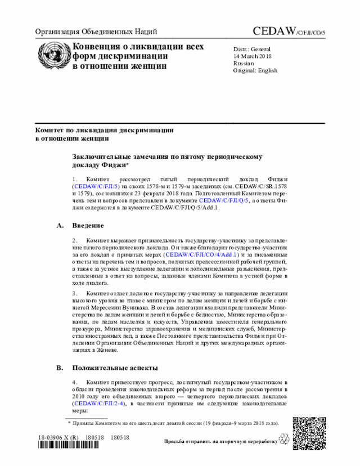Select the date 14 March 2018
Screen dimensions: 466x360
253,56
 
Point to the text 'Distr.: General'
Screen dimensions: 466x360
252,49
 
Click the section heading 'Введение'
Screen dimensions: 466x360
88,226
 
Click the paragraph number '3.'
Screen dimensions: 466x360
75,294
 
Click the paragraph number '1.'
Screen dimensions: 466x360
75,178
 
